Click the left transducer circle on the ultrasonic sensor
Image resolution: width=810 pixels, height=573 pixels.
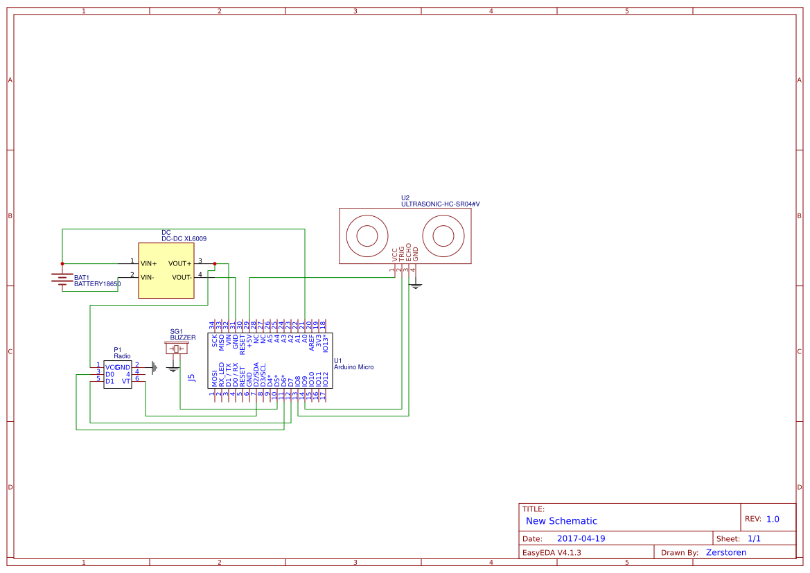(367, 236)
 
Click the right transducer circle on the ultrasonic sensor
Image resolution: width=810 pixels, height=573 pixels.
(443, 236)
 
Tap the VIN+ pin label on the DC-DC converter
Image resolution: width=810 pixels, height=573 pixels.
(148, 263)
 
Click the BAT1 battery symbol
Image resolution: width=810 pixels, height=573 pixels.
(62, 279)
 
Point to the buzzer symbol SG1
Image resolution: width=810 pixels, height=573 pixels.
(176, 348)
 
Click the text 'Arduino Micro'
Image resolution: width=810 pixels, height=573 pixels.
(353, 367)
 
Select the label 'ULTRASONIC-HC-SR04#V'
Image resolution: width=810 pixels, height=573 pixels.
(440, 204)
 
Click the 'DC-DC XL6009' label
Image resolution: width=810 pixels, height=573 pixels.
(184, 238)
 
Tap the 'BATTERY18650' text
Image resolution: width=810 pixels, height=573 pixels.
(97, 284)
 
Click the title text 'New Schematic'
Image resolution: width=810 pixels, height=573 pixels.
(561, 521)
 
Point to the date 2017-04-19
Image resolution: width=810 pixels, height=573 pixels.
(581, 538)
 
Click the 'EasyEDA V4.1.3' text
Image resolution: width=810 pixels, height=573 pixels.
(552, 552)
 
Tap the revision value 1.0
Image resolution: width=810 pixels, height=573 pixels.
(773, 518)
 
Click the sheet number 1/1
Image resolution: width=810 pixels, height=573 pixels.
(754, 538)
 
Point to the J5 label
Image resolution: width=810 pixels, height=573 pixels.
(191, 378)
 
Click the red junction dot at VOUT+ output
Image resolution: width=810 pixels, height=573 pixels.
(215, 263)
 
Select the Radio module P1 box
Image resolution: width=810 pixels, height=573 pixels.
(118, 373)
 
